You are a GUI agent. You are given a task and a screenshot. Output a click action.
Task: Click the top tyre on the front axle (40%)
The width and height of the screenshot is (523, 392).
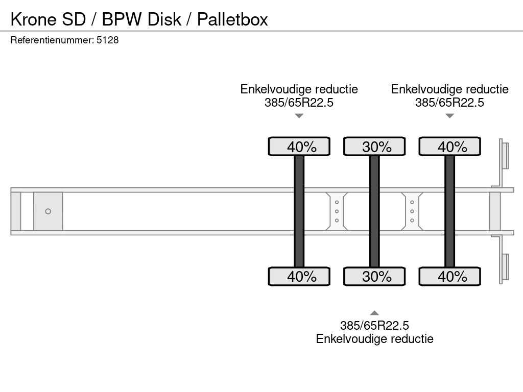[299, 146]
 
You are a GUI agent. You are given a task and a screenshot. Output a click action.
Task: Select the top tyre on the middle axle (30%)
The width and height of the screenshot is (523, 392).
[374, 146]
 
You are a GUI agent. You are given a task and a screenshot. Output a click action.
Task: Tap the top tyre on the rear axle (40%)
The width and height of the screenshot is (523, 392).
[449, 146]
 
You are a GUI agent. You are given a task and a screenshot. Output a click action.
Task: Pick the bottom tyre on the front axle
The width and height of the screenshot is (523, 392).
[299, 276]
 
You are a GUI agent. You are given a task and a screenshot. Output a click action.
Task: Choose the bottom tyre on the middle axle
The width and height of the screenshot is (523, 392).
[374, 276]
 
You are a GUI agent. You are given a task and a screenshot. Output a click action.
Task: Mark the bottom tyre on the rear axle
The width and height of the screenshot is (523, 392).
[449, 276]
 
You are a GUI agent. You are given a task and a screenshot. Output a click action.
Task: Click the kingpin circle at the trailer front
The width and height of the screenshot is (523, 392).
[48, 211]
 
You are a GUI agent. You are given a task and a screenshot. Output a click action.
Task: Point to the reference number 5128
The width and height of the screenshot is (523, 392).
[108, 40]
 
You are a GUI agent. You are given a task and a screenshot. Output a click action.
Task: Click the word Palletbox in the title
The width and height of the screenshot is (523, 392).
[232, 19]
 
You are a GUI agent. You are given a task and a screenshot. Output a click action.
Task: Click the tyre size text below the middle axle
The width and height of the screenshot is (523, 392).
[374, 326]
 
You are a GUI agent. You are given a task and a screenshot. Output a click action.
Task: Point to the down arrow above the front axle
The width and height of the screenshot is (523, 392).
[299, 116]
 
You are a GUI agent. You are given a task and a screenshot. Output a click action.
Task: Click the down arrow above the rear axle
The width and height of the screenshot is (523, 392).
[449, 116]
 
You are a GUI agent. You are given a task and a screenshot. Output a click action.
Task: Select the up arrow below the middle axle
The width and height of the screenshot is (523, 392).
[374, 313]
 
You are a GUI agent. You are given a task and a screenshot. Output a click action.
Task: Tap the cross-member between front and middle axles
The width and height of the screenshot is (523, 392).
[337, 211]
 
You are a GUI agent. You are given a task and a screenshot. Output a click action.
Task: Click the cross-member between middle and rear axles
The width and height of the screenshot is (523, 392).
[412, 211]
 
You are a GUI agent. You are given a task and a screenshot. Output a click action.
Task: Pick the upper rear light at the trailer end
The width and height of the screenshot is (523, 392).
[505, 155]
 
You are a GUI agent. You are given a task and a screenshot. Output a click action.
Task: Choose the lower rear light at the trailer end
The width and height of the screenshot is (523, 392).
[505, 267]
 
